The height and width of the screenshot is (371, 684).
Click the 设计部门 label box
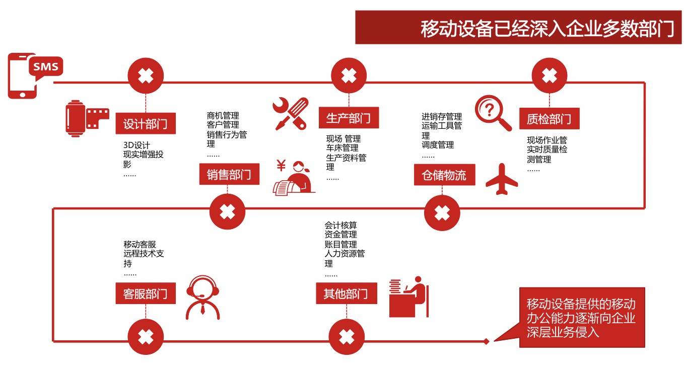tap(146, 123)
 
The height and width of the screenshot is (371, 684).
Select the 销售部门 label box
tap(229, 175)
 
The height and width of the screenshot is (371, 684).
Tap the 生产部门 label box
tap(349, 118)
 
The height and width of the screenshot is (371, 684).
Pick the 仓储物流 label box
tap(444, 175)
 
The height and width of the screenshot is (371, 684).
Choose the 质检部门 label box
tap(549, 119)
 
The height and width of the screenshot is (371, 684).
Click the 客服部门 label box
tap(146, 293)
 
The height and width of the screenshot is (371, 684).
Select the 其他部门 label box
tap(347, 293)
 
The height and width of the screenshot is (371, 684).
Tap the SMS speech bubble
tap(46, 66)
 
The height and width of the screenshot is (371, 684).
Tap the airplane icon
tap(501, 179)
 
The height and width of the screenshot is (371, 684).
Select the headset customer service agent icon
tap(202, 297)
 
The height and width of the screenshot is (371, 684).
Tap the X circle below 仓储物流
tap(442, 212)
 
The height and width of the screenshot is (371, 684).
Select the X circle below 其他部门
tap(347, 337)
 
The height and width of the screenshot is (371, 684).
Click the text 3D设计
tap(136, 145)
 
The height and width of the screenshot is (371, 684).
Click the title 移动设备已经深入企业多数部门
tap(547, 29)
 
